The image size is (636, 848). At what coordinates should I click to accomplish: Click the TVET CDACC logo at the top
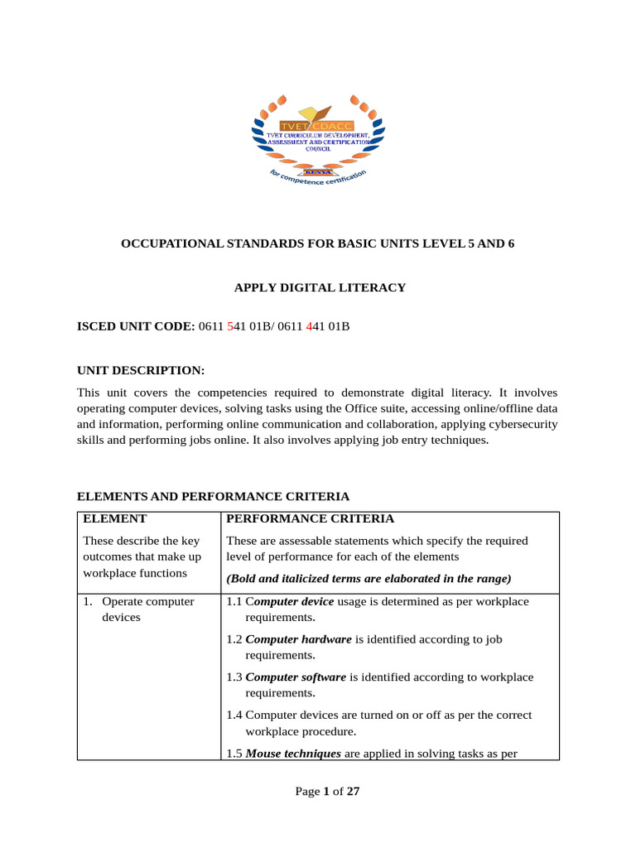pos(318,141)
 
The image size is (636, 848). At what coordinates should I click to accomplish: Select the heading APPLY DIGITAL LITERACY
pos(320,288)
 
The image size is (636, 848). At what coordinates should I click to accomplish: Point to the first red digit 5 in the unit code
pos(230,327)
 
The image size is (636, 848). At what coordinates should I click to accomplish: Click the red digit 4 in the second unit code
pos(309,327)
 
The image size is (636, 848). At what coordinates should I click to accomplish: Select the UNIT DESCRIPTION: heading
pos(140,369)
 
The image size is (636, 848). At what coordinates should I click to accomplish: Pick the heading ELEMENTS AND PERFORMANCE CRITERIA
pos(213,496)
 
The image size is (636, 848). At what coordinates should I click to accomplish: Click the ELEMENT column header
pos(115,519)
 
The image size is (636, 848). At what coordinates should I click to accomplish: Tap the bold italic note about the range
pos(369,578)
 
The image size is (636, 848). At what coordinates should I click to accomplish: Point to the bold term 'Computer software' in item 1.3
pos(296,677)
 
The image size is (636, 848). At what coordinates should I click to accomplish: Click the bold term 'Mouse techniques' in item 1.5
pos(293,753)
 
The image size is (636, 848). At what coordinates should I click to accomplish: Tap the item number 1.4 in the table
pos(234,715)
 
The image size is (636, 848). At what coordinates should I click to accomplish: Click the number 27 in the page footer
pos(353,792)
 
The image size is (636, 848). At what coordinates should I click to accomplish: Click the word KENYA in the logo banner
pos(318,172)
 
